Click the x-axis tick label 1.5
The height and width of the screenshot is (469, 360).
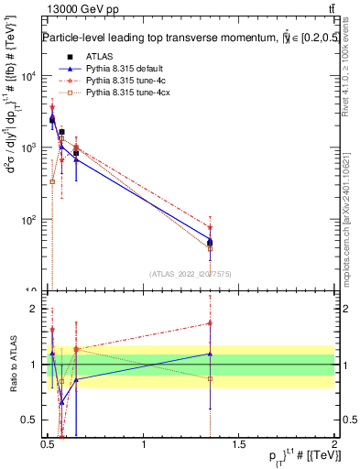pyautogui.click(x=239, y=446)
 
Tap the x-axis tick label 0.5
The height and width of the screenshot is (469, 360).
pyautogui.click(x=48, y=446)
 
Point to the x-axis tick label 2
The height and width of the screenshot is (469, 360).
pyautogui.click(x=334, y=446)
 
